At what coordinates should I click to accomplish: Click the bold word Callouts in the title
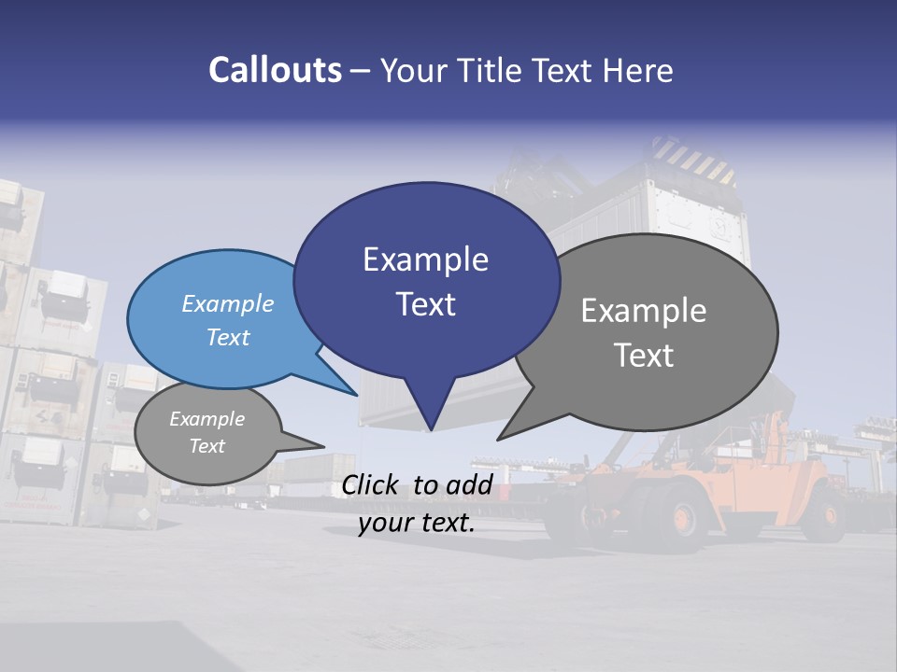[x=275, y=70]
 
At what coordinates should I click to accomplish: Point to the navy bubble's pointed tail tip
[x=430, y=430]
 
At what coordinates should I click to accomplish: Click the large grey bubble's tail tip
[x=498, y=439]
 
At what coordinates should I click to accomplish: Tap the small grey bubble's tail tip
[x=323, y=445]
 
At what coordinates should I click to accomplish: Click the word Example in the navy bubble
[x=425, y=259]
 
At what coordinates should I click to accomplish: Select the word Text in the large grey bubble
[x=644, y=356]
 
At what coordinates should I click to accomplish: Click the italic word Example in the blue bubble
[x=228, y=304]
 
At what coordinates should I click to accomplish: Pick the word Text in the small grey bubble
[x=207, y=446]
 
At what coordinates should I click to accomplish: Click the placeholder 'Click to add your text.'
[x=416, y=504]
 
